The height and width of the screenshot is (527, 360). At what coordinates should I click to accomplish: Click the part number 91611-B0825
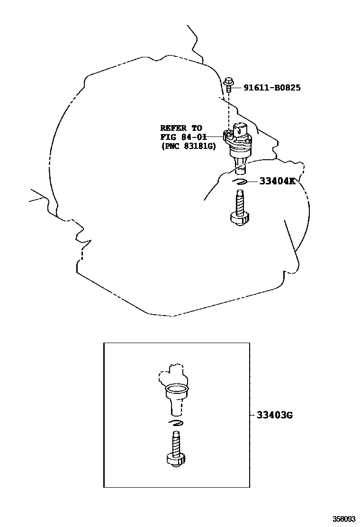pos(272,88)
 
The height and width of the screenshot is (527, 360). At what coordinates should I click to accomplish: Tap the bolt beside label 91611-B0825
pos(229,85)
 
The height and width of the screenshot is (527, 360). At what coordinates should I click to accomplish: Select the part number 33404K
pos(277,181)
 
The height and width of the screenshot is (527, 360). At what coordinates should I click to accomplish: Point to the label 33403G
pos(275,416)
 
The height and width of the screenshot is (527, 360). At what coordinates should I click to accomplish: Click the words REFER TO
pos(181,128)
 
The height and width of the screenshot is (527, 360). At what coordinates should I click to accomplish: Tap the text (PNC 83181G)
pos(188,146)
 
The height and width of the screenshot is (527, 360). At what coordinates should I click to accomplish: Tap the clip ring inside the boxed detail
pos(176,423)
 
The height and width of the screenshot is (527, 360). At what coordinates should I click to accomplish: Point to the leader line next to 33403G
pos(252,416)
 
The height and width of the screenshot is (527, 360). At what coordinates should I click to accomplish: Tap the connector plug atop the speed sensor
pos(240,129)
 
